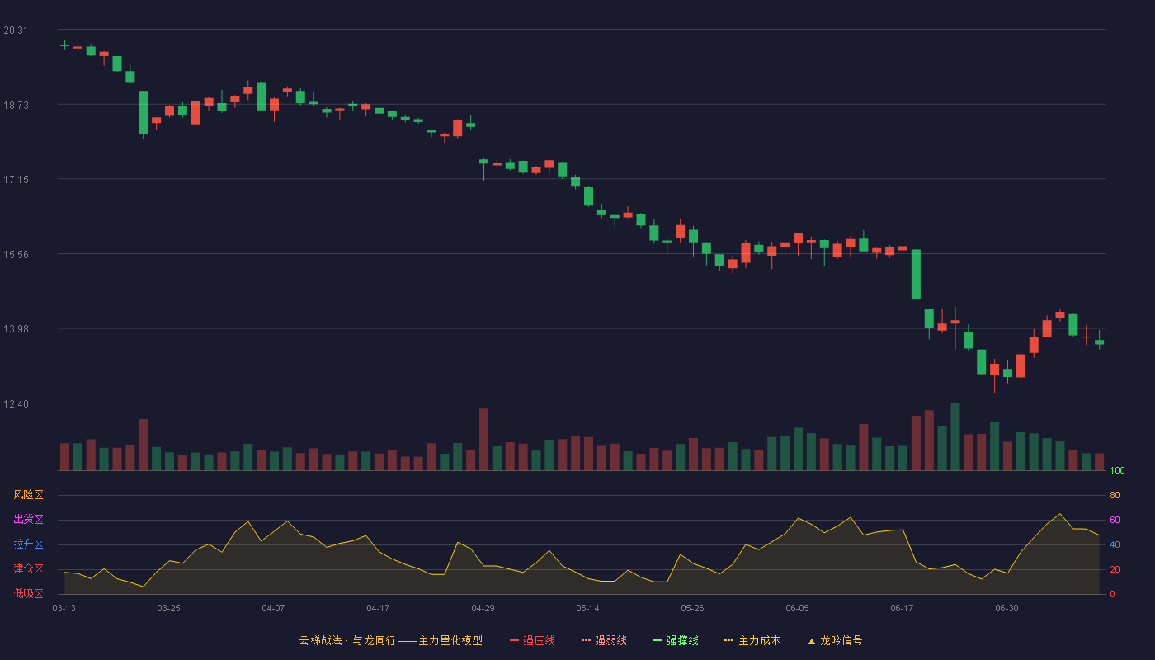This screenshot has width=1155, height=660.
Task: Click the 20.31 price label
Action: pyautogui.click(x=16, y=31)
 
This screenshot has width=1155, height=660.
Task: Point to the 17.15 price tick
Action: pyautogui.click(x=16, y=180)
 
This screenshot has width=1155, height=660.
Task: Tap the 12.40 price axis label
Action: pyautogui.click(x=16, y=403)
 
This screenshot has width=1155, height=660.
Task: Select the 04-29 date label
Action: pyautogui.click(x=483, y=609)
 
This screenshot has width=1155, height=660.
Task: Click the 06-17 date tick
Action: pyautogui.click(x=902, y=609)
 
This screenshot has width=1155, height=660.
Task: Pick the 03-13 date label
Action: pyautogui.click(x=64, y=609)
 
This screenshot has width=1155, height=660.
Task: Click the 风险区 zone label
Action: pyautogui.click(x=28, y=495)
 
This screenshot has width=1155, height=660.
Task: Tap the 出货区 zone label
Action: pyautogui.click(x=28, y=519)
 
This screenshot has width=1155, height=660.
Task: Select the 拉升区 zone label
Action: pyautogui.click(x=28, y=544)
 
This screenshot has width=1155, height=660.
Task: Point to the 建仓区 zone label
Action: pyautogui.click(x=28, y=568)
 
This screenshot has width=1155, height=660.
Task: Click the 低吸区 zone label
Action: pyautogui.click(x=28, y=593)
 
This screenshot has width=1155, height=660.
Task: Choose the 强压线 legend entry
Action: pyautogui.click(x=532, y=640)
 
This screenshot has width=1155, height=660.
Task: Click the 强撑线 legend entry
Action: pyautogui.click(x=676, y=640)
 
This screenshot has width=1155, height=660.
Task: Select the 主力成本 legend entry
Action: pyautogui.click(x=752, y=640)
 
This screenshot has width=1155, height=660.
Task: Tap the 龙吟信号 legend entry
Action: pyautogui.click(x=835, y=640)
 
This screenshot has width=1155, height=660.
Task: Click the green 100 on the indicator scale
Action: pyautogui.click(x=1117, y=470)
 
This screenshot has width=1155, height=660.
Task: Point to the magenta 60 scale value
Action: pyautogui.click(x=1115, y=520)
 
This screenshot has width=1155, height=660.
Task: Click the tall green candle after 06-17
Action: pyautogui.click(x=916, y=274)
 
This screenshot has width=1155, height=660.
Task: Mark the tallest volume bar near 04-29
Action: pyautogui.click(x=483, y=439)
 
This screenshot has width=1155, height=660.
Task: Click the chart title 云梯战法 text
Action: pyautogui.click(x=320, y=640)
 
